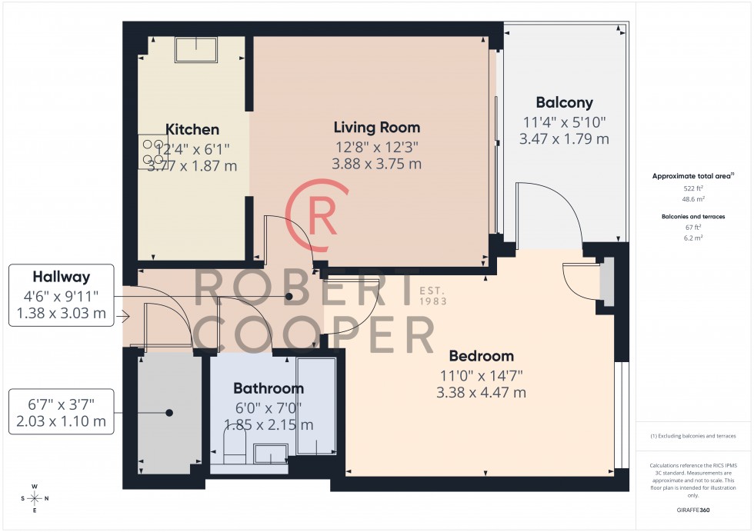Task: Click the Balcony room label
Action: (x=564, y=103)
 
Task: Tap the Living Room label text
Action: (x=376, y=127)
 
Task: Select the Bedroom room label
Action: (x=481, y=357)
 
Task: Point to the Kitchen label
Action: (x=192, y=130)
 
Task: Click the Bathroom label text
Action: (x=269, y=389)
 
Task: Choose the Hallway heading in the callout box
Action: (x=61, y=277)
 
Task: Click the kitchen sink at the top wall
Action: (x=196, y=49)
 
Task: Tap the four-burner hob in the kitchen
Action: (x=149, y=152)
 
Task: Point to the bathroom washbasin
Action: (x=269, y=453)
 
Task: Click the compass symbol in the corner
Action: (x=35, y=498)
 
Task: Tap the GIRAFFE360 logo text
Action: (x=693, y=510)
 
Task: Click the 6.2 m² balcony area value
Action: (x=693, y=238)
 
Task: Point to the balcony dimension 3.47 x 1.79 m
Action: (x=564, y=139)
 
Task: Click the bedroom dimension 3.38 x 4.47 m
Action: (x=481, y=393)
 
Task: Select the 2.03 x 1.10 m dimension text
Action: (x=61, y=421)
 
